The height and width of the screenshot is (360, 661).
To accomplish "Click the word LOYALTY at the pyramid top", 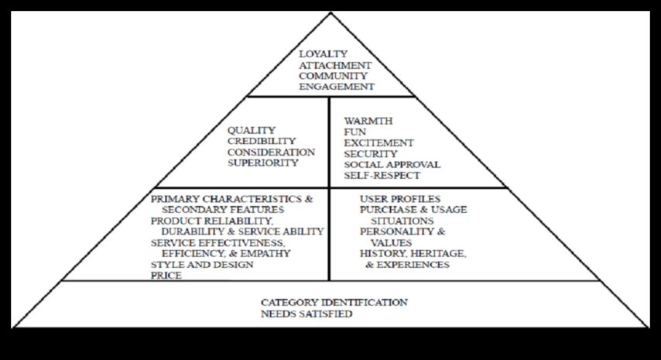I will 322,54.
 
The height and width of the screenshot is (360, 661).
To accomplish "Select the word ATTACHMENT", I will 334,65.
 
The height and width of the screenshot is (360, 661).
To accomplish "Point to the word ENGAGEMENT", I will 336,87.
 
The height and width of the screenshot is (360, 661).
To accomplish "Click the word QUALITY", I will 251,130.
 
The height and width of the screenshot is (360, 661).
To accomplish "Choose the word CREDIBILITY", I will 262,141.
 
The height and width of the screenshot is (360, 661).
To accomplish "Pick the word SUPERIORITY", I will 262,163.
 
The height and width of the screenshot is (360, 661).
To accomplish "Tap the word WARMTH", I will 368,122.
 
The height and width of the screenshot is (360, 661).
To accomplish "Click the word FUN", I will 354,132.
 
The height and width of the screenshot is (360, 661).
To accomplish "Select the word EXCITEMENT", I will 378,143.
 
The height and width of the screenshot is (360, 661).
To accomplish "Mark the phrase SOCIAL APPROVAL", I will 392,165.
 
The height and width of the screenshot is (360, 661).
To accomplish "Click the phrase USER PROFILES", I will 399,199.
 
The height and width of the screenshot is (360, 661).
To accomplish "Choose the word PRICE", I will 166,275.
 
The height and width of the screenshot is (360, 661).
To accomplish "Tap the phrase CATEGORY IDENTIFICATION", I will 334,302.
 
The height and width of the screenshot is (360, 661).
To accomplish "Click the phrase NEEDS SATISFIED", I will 307,314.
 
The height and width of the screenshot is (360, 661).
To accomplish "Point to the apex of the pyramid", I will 330,13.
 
